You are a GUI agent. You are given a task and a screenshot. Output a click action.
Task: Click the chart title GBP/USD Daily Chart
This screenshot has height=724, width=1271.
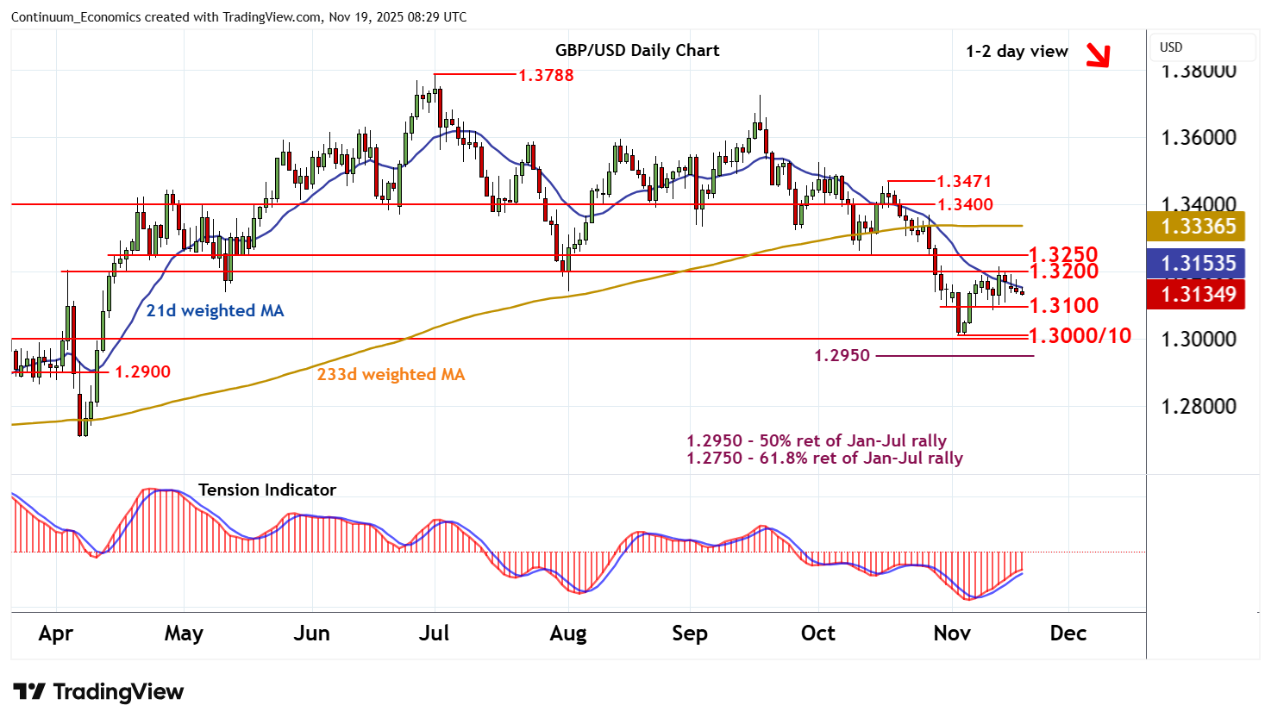[637, 50]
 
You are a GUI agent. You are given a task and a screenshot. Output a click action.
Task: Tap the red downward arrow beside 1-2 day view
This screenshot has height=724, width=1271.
[1097, 55]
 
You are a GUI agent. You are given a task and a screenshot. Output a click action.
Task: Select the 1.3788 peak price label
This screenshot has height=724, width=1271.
[546, 75]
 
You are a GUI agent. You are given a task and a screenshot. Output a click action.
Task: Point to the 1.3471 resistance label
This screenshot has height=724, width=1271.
[964, 181]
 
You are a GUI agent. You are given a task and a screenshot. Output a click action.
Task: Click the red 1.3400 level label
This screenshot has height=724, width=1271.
[965, 204]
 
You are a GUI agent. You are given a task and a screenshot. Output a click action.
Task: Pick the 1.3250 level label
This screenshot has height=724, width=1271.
[1063, 254]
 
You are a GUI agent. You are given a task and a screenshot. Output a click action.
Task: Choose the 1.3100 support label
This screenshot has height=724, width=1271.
[1063, 305]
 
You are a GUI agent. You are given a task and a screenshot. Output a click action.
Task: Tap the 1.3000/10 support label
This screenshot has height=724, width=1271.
[1080, 335]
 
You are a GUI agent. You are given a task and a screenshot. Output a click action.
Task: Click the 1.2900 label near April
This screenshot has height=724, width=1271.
[142, 371]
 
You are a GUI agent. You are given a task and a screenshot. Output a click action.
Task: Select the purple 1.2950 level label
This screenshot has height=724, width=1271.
[842, 355]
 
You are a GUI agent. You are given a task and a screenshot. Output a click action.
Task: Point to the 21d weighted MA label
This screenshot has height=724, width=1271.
[215, 310]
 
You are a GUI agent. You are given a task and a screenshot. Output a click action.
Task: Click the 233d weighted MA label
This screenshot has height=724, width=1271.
[391, 374]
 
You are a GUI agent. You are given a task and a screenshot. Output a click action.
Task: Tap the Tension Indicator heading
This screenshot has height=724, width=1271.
[267, 490]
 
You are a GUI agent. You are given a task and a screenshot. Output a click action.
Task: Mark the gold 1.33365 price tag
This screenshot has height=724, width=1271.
[1199, 227]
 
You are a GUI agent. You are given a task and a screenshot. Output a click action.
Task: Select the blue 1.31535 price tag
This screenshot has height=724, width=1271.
[1199, 264]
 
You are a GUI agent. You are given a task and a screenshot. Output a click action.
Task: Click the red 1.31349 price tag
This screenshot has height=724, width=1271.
[1199, 295]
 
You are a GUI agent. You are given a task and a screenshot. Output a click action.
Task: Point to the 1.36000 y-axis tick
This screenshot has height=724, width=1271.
[1199, 138]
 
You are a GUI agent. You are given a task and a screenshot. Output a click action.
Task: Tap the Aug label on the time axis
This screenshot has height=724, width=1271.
[568, 633]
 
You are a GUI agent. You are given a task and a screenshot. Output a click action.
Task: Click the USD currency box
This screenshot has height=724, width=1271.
[1171, 47]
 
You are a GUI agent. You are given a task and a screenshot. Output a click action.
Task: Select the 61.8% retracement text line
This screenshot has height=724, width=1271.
[824, 459]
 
